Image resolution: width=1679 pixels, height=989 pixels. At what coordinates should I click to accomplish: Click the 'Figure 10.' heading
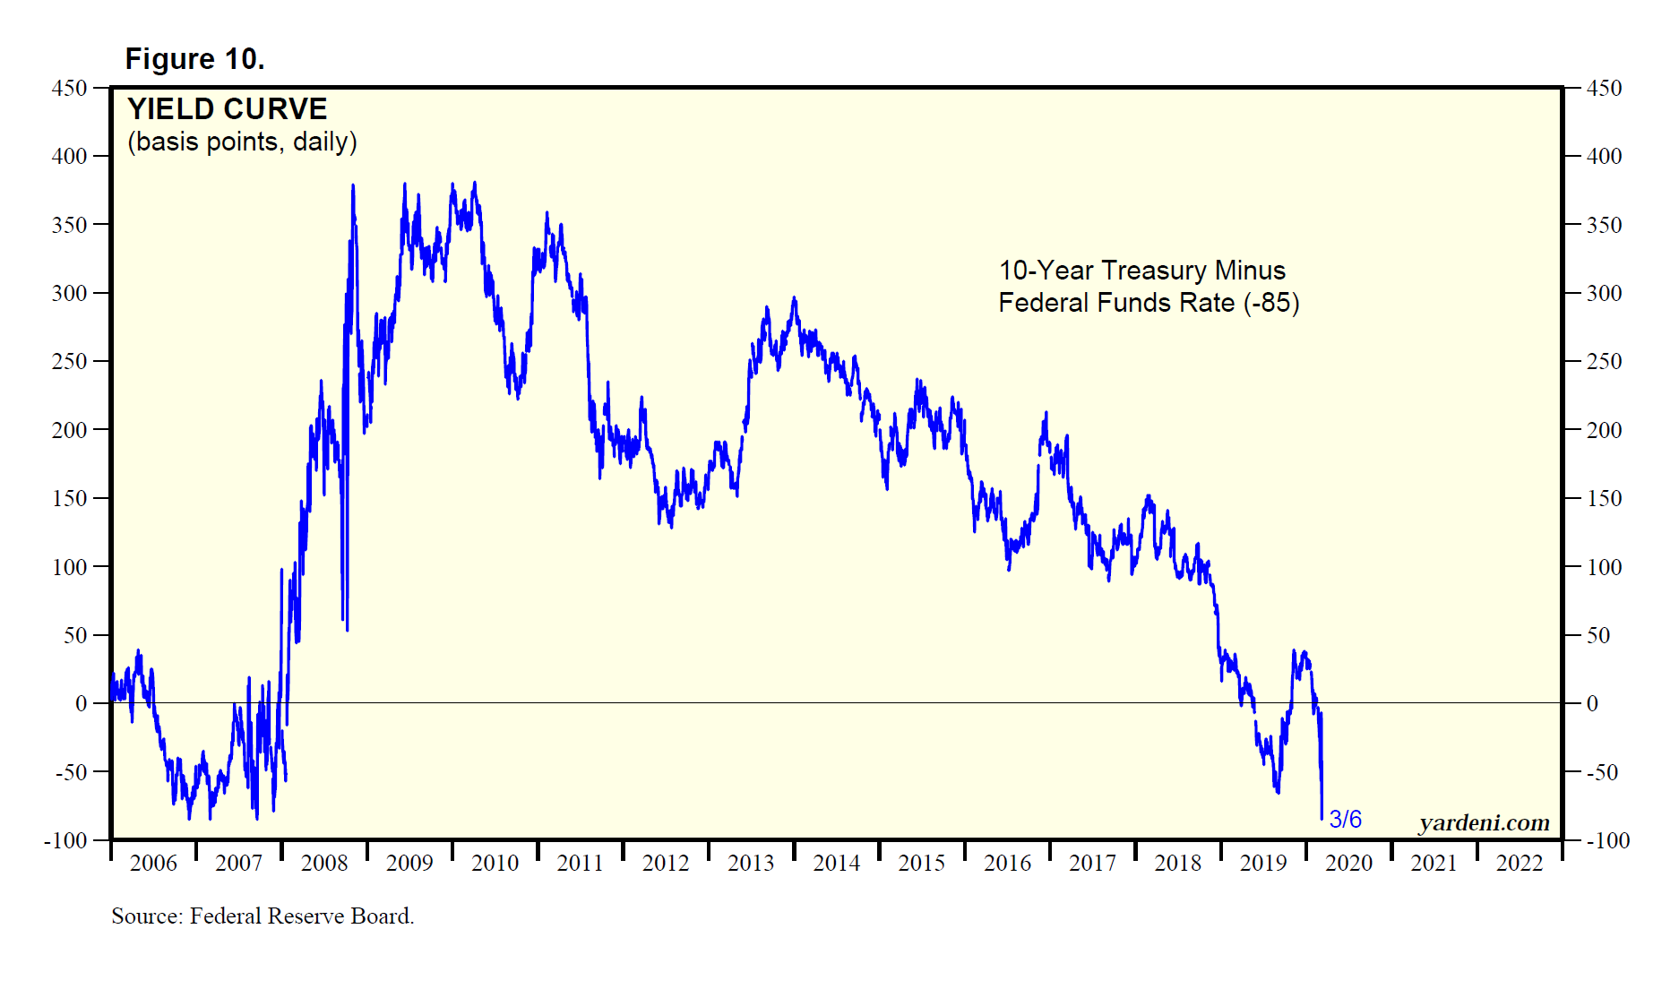[x=194, y=59]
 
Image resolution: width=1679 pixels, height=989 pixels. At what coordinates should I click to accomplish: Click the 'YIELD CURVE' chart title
[x=227, y=109]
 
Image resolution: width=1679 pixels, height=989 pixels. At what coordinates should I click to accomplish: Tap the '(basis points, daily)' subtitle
[x=242, y=142]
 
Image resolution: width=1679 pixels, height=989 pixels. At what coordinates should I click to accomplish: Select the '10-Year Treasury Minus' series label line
[x=1141, y=271]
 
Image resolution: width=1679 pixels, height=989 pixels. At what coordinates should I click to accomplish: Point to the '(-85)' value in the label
[x=1270, y=303]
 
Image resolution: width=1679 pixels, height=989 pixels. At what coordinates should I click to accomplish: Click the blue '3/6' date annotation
[x=1345, y=819]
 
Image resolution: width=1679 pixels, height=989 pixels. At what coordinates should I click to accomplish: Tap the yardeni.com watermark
[x=1484, y=822]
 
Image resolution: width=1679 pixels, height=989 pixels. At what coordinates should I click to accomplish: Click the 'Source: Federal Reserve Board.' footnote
[x=263, y=916]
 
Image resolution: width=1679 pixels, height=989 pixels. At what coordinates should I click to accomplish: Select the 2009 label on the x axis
[x=409, y=863]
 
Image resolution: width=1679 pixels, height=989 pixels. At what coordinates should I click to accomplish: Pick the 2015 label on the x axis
[x=922, y=863]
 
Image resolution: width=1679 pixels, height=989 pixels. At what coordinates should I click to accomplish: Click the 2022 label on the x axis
[x=1520, y=863]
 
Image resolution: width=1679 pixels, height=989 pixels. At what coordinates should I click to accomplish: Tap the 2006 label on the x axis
[x=153, y=863]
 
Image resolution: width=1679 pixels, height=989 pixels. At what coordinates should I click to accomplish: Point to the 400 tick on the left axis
[x=70, y=156]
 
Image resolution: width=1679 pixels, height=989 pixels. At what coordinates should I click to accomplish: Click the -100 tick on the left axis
[x=65, y=840]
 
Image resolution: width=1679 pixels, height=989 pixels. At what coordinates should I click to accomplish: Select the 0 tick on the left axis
[x=82, y=703]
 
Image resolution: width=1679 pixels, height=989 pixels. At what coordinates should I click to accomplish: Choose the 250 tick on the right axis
[x=1604, y=361]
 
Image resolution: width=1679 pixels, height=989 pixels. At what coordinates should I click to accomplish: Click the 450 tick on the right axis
[x=1604, y=88]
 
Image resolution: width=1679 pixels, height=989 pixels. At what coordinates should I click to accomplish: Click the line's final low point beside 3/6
[x=1322, y=818]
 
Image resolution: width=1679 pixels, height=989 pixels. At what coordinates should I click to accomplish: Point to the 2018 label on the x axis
[x=1177, y=863]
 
